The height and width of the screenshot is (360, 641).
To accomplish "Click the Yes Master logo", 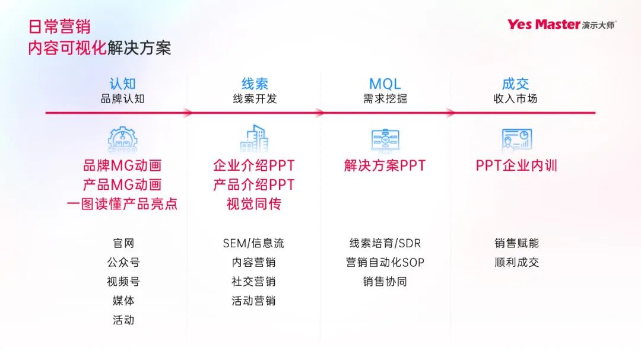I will click(x=561, y=24).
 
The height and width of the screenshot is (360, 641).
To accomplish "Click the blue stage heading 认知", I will click(x=122, y=84).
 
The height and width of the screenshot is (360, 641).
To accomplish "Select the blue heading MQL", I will click(x=385, y=84).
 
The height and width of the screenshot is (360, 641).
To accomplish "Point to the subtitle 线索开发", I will click(x=254, y=98).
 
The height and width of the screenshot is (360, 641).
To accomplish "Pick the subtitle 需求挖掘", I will click(x=385, y=98).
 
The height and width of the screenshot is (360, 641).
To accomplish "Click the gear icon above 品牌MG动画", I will click(x=122, y=139).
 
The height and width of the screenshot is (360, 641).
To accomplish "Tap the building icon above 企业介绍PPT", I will click(x=254, y=139).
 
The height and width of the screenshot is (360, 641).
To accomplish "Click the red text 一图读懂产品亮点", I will click(x=122, y=204).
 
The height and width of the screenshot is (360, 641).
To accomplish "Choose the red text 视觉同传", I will click(x=254, y=204).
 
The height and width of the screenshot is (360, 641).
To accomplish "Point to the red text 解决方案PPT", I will click(x=385, y=165).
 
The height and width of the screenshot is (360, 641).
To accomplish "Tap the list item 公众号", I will click(x=123, y=262).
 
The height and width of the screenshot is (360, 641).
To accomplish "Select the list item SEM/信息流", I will click(x=253, y=243).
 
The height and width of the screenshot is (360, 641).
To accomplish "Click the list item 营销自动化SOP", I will click(x=385, y=262).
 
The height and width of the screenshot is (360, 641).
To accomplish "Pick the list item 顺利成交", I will click(x=516, y=262).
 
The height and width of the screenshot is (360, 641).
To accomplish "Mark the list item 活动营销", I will click(x=253, y=301).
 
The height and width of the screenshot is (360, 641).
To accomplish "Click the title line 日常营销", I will click(x=59, y=27).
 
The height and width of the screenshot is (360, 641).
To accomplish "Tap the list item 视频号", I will click(x=123, y=282).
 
